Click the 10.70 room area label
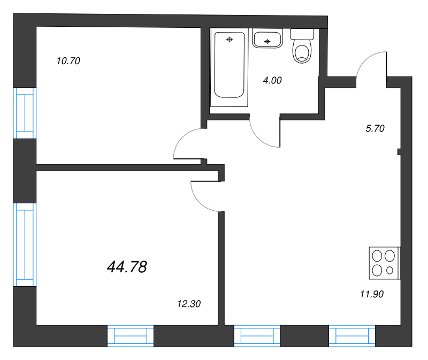[68, 61]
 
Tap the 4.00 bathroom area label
[272, 80]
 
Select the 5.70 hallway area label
[375, 128]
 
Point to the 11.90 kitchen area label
[372, 294]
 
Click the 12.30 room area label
[189, 304]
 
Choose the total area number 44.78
[127, 266]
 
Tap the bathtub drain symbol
[230, 40]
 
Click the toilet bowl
[302, 51]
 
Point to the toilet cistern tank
[302, 34]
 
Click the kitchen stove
[384, 263]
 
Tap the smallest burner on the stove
[390, 271]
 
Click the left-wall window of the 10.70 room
[25, 113]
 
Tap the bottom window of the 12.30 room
[131, 336]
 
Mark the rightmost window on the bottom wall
[352, 336]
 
